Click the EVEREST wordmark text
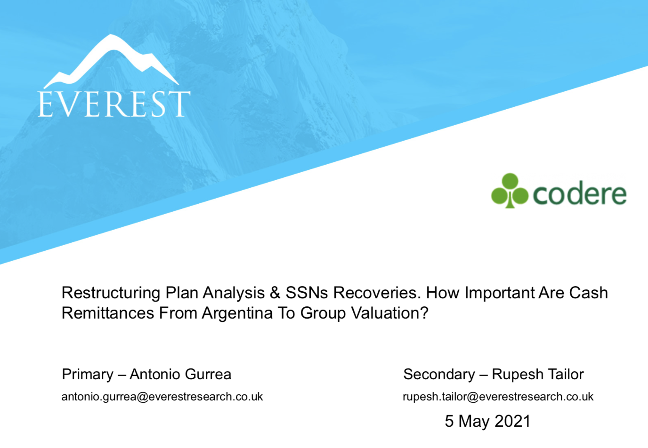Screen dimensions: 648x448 (114, 104)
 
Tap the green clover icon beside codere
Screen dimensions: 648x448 (510, 191)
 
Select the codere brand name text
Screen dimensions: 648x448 (580, 194)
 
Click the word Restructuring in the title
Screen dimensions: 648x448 (111, 293)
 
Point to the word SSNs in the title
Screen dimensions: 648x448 (307, 293)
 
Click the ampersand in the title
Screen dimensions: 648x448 (275, 293)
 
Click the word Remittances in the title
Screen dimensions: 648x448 (108, 313)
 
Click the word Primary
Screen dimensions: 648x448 (88, 375)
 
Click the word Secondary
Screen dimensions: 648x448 (439, 374)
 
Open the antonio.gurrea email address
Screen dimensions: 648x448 (162, 397)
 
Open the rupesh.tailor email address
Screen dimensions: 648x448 (498, 397)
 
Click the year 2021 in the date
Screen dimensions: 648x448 (512, 421)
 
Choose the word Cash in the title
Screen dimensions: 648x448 (588, 293)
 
